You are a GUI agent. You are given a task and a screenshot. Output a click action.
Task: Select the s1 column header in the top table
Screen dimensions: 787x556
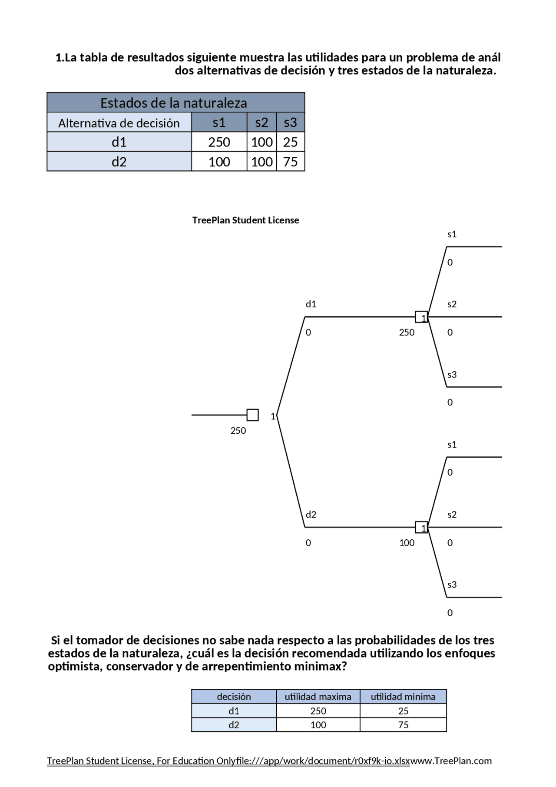click(x=219, y=123)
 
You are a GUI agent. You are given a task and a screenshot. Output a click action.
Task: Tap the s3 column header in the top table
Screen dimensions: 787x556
click(x=290, y=123)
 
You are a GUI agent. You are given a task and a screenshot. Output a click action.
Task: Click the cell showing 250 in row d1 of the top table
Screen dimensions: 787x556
click(x=219, y=142)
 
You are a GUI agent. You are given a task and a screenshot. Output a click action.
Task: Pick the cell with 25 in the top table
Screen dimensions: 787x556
click(x=290, y=142)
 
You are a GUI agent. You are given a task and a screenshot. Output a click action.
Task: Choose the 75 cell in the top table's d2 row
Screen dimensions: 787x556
click(x=290, y=162)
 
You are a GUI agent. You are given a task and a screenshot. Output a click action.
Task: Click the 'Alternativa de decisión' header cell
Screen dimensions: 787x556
click(x=119, y=123)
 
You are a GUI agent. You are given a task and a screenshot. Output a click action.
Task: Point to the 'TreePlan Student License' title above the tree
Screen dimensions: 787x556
click(x=245, y=220)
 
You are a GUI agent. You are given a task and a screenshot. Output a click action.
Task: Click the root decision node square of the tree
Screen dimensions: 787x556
click(x=252, y=415)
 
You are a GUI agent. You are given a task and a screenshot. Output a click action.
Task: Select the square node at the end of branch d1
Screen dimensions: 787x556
click(x=421, y=317)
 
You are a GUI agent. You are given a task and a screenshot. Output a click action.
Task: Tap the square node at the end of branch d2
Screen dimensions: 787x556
click(x=421, y=528)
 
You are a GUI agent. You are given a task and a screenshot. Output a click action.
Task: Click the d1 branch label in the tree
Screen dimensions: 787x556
click(x=311, y=304)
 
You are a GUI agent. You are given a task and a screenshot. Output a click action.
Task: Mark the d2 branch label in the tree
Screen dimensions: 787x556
click(x=311, y=515)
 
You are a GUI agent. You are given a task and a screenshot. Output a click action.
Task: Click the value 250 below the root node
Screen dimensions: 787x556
click(x=238, y=431)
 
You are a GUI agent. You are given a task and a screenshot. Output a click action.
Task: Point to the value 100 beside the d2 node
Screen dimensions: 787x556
click(x=407, y=543)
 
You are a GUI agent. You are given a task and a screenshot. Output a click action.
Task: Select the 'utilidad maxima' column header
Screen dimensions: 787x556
click(x=318, y=697)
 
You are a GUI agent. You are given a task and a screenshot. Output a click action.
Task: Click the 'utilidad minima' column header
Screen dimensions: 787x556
click(x=403, y=697)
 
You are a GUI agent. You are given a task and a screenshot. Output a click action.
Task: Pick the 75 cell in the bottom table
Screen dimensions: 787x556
click(x=403, y=725)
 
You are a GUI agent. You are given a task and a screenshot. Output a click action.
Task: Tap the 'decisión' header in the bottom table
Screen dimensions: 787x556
click(x=234, y=697)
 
